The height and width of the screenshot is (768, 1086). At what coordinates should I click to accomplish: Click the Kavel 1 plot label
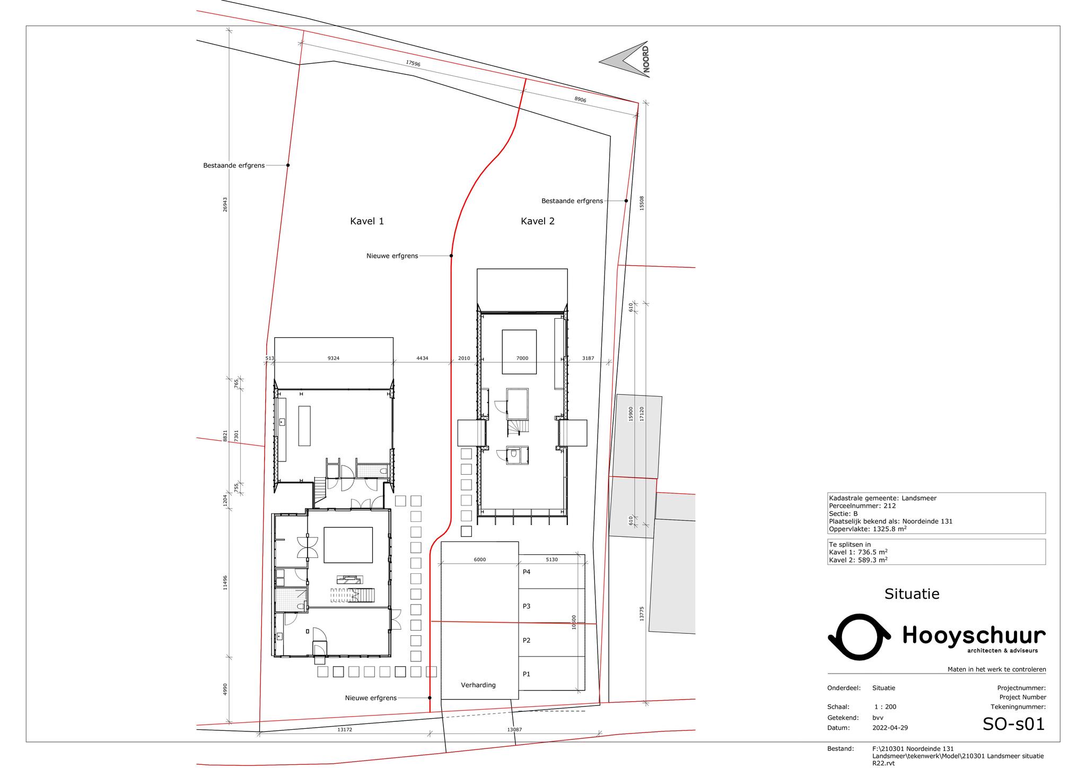367,221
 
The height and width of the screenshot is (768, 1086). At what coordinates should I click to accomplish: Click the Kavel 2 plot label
538,221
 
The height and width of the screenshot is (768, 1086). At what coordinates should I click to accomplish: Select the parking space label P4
527,572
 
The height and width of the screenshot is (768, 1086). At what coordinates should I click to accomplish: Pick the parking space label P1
527,674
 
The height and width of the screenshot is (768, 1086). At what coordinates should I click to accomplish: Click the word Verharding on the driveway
478,685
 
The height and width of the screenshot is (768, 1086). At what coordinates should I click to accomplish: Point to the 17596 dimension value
413,63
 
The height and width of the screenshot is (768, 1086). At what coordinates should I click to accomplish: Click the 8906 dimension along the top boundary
580,100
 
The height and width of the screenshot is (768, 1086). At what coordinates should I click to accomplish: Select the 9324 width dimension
334,359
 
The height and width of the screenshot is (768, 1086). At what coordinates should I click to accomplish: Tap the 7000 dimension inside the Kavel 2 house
522,359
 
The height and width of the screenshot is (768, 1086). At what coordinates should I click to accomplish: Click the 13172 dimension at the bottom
345,730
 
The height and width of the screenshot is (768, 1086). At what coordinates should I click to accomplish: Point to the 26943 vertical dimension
225,205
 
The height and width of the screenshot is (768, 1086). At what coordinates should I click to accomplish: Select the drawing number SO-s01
1013,724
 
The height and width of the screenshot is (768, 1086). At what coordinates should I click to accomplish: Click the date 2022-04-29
890,728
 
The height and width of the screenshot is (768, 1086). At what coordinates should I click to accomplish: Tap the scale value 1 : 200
885,707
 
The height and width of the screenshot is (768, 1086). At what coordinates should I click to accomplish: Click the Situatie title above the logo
912,594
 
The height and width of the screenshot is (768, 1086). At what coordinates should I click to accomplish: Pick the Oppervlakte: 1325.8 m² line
868,529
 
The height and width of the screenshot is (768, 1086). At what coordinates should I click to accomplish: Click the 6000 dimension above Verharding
479,560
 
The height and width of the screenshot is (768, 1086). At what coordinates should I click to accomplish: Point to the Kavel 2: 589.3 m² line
859,560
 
